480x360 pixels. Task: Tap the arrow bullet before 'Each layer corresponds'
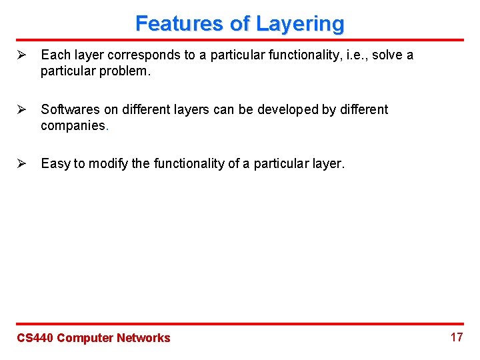(21, 55)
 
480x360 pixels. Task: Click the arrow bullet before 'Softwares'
(21, 109)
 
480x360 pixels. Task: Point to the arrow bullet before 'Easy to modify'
(21, 164)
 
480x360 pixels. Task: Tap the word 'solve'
(387, 55)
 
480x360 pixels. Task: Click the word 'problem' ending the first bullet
(127, 71)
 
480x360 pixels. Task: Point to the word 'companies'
(73, 126)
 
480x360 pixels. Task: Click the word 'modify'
(108, 164)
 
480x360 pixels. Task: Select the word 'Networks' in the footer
(143, 338)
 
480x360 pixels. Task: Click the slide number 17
(456, 337)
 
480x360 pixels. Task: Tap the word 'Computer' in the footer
(85, 338)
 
